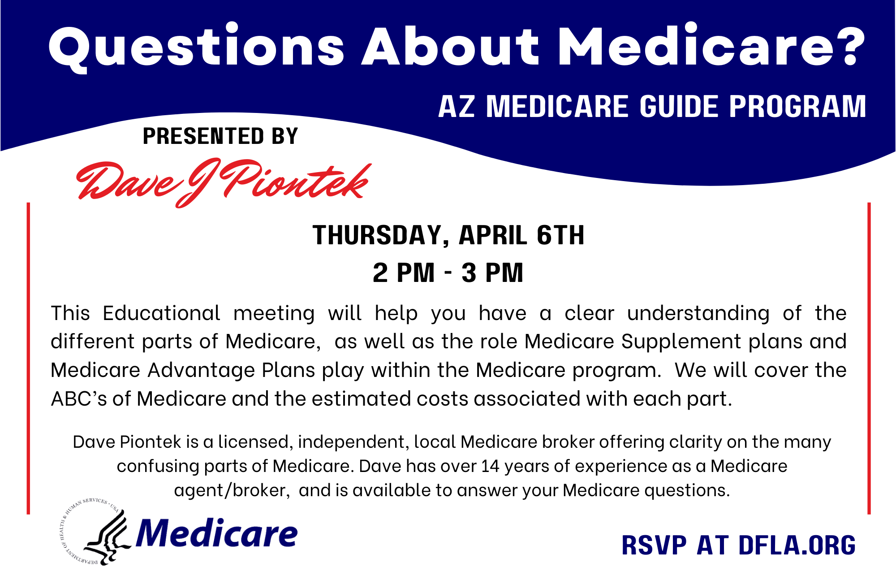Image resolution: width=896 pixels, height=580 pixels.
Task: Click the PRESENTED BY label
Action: [220, 136]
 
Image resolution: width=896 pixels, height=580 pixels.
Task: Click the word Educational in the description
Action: [161, 313]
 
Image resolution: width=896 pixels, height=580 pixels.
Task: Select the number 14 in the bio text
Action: [490, 466]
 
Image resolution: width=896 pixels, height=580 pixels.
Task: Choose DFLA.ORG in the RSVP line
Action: [797, 545]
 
